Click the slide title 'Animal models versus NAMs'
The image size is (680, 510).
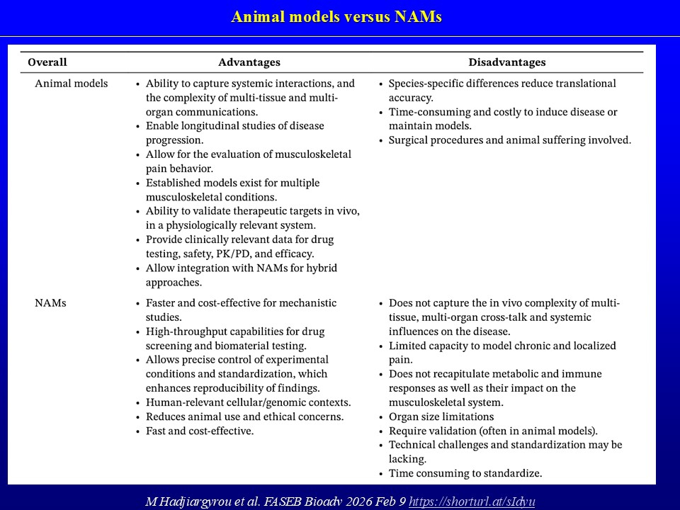click(336, 17)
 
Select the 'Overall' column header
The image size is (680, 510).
click(47, 62)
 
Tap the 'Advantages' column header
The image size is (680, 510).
click(249, 62)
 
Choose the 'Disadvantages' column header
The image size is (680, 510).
click(506, 62)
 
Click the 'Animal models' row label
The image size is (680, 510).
click(72, 84)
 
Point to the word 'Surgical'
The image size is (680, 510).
click(409, 140)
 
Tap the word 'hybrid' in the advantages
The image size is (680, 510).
click(322, 268)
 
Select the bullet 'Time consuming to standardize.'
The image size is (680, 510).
click(465, 473)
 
